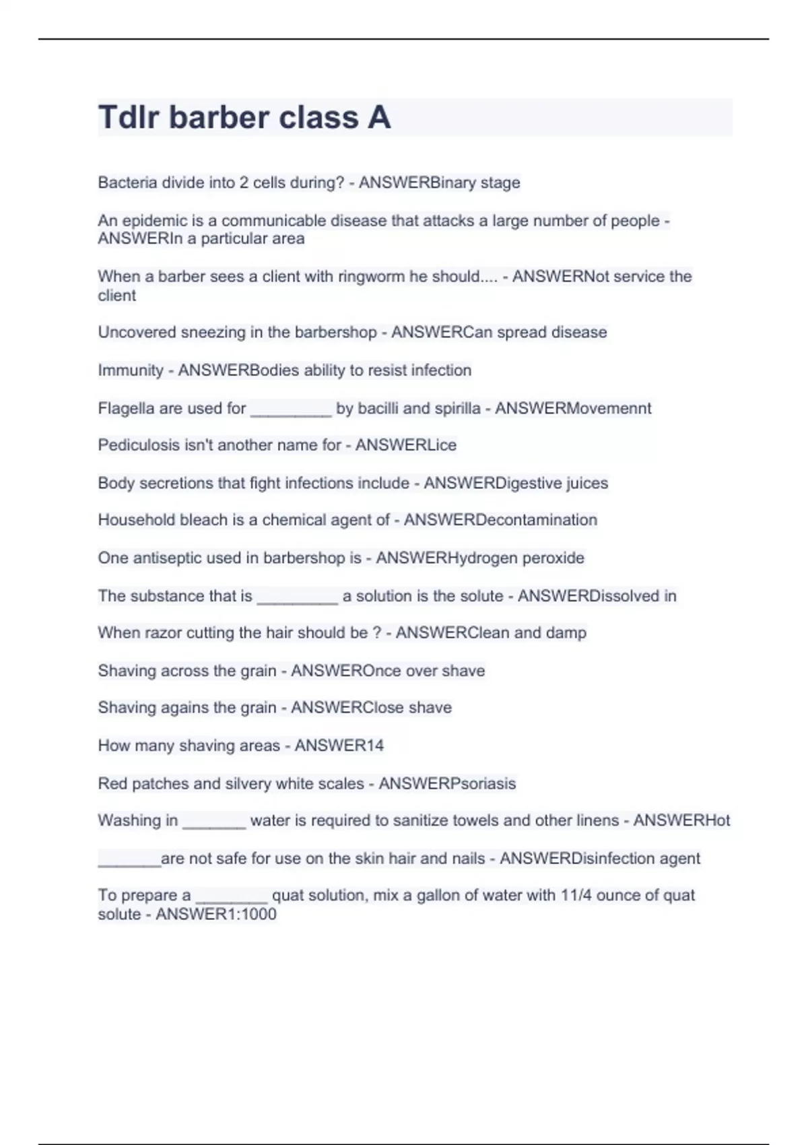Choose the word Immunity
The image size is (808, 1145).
(131, 370)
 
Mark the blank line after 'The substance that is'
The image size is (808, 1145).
(297, 599)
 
